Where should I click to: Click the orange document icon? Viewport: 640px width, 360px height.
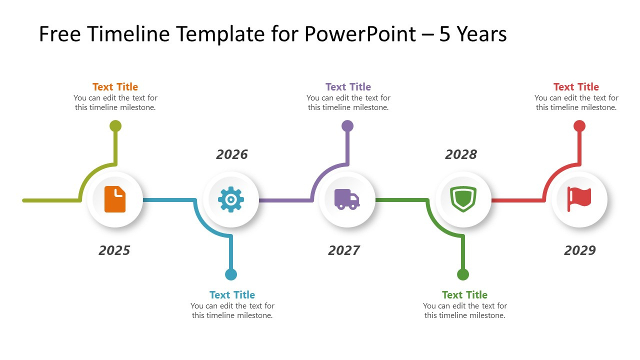(115, 199)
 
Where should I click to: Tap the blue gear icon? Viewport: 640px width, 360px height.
(231, 199)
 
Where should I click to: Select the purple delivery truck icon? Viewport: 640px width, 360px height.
(347, 199)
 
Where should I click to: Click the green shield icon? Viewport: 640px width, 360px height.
(463, 199)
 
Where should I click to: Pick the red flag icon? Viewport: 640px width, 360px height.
(579, 199)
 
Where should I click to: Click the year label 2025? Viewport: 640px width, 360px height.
(114, 250)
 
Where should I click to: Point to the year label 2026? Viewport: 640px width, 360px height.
(231, 154)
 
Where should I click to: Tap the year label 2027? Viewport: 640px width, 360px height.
(344, 250)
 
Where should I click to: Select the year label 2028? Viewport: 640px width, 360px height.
(461, 154)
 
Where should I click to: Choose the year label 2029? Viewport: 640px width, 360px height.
(580, 250)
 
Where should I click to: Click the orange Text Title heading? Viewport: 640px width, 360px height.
(115, 87)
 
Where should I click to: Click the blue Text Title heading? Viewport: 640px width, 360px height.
(232, 295)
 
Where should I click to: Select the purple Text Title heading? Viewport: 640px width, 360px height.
(348, 87)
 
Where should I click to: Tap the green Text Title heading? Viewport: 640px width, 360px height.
(464, 295)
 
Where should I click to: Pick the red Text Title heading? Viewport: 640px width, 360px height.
(576, 87)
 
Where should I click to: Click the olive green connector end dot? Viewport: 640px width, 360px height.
(115, 126)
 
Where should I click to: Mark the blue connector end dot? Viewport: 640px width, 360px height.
(231, 274)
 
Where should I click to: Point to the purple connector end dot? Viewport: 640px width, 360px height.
(347, 126)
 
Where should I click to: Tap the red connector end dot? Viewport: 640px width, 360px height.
(579, 126)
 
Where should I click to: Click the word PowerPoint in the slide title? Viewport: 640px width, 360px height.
(358, 34)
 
